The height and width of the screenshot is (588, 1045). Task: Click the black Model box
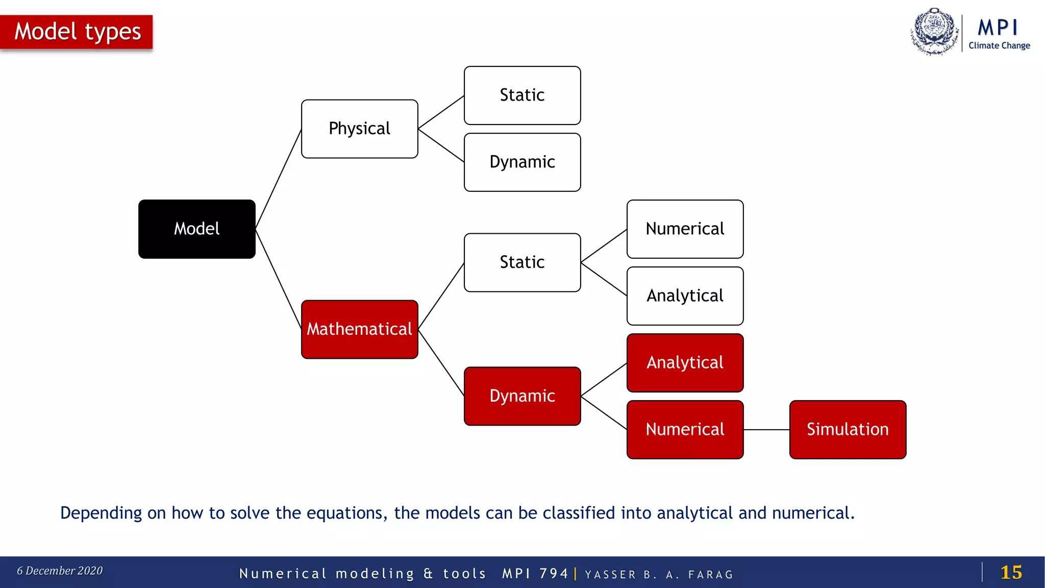coord(197,229)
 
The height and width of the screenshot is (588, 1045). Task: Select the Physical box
coord(359,129)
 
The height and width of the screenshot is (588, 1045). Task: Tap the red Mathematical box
coord(359,329)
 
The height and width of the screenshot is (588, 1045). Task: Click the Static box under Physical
coord(522,95)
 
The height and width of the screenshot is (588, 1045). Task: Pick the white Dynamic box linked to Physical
coord(522,162)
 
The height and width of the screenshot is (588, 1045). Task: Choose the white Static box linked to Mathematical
coord(522,262)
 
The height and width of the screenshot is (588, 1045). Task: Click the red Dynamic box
coord(522,396)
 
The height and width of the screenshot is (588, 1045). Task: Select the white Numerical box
coord(685,229)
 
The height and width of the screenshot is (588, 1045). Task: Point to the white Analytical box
coord(685,296)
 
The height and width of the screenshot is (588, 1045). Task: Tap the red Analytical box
coord(685,363)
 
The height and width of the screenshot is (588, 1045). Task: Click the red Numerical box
coord(685,430)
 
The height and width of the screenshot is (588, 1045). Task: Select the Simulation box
coord(848,430)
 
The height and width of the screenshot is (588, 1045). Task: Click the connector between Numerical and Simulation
coord(766,430)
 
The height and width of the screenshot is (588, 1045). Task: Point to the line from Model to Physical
coord(278,179)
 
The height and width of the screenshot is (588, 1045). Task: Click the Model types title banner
coord(77,32)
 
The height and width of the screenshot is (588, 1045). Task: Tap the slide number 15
coord(1011,572)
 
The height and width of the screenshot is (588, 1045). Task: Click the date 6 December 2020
coord(60,571)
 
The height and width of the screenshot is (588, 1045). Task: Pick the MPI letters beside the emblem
coord(998,28)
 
